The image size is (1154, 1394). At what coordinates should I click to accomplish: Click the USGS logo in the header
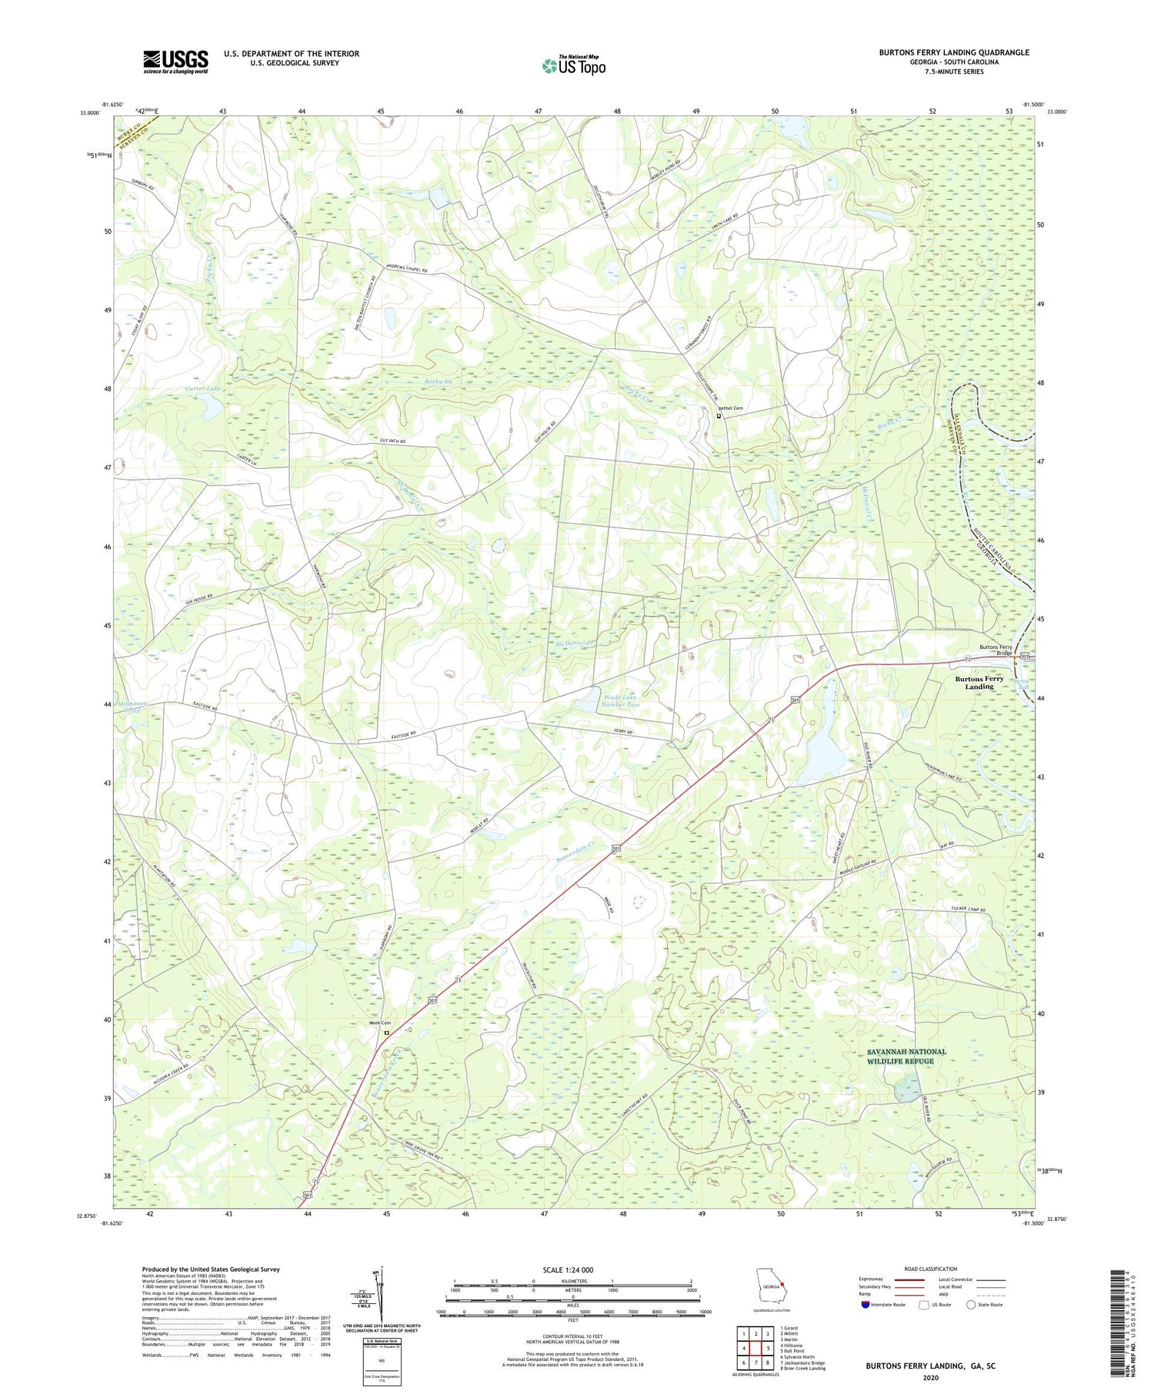175,62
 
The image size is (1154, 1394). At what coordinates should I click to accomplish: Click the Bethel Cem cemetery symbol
719,416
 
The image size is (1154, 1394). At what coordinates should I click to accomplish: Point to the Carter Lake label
203,389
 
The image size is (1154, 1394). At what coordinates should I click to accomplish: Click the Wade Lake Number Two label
620,700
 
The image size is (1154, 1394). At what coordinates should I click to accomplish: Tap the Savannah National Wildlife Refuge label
906,1056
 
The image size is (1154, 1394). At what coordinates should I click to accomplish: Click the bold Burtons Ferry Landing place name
979,683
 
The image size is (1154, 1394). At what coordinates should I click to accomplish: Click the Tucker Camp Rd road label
968,910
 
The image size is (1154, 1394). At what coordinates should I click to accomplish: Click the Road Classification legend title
931,1269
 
